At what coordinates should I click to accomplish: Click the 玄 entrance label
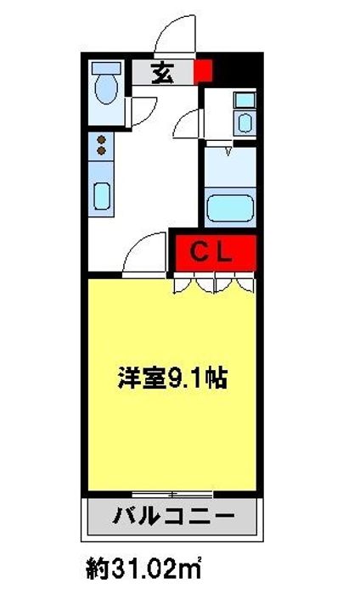(x=162, y=72)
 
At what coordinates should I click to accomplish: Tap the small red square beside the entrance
(x=203, y=71)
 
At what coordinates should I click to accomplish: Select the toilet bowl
(x=106, y=89)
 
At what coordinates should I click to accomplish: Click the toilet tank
(x=106, y=68)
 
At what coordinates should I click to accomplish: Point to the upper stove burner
(x=101, y=140)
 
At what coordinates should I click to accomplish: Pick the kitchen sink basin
(x=102, y=196)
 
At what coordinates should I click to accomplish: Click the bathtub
(x=230, y=208)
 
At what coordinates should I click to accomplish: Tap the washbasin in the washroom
(x=245, y=123)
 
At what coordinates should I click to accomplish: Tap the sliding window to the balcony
(x=172, y=495)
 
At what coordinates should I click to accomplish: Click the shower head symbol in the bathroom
(x=228, y=151)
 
